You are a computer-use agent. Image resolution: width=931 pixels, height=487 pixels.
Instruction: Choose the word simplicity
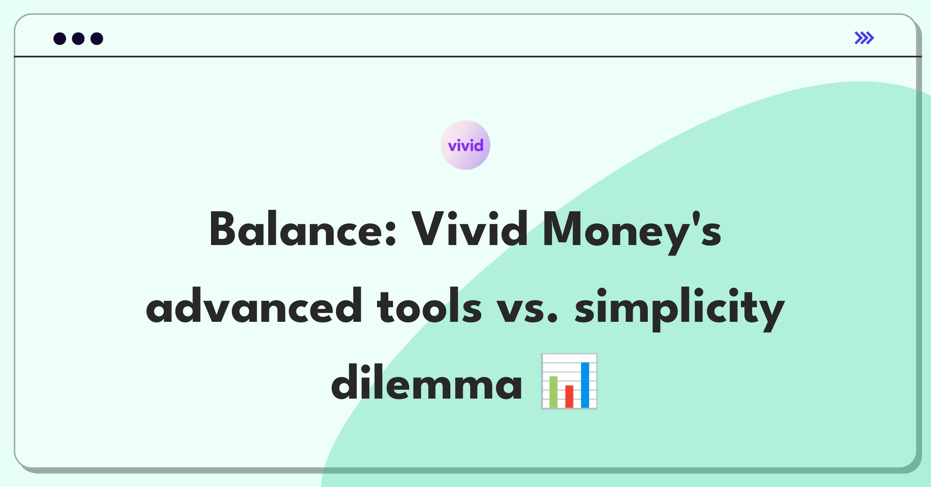point(680,309)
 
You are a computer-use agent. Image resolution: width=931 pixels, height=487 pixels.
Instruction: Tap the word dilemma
point(427,382)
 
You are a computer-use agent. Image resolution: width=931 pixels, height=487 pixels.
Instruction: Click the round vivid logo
point(465,145)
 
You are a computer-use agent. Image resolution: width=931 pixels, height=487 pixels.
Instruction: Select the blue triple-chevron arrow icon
point(864,38)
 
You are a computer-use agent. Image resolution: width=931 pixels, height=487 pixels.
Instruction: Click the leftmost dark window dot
point(60,38)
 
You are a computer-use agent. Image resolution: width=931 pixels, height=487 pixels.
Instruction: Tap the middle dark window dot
point(78,38)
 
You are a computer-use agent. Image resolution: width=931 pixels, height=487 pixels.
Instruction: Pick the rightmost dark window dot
point(97,38)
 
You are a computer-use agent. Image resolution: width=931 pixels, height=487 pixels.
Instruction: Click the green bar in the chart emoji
point(554,392)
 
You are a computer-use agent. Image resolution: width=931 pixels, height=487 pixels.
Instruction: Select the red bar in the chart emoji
point(569,396)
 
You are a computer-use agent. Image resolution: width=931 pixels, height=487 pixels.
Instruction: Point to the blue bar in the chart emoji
point(585,385)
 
